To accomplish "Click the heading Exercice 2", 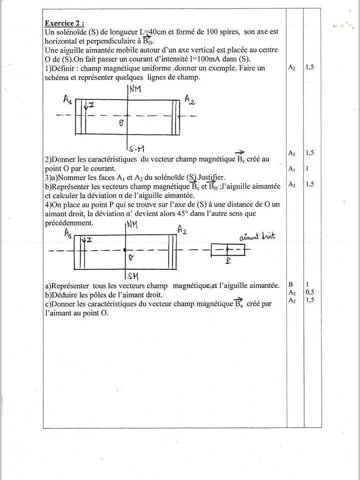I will (x=64, y=23).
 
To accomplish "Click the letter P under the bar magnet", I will (x=228, y=260).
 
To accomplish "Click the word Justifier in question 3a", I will (x=211, y=177).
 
